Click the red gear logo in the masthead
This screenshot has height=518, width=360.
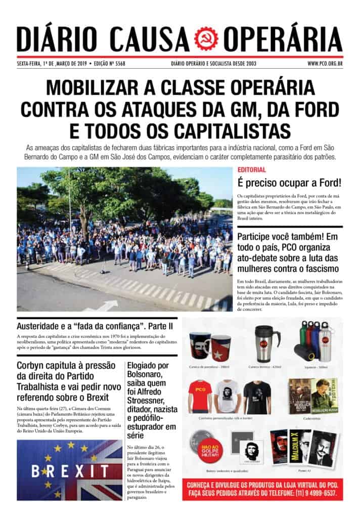coord(207,38)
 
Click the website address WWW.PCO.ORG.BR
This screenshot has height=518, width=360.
coord(325,63)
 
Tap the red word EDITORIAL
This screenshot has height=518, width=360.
coord(252,170)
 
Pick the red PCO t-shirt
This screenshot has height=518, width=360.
coord(200,395)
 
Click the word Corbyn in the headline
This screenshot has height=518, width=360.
coord(32,366)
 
